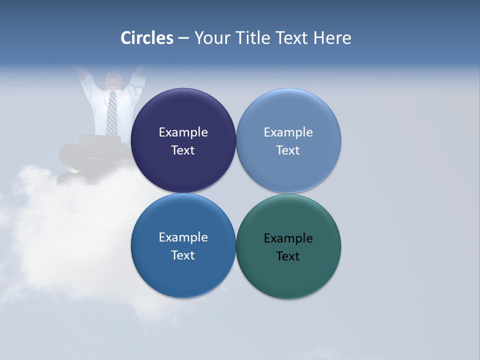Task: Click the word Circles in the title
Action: click(x=147, y=38)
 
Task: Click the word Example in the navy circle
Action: click(x=183, y=132)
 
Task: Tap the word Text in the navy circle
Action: click(x=183, y=150)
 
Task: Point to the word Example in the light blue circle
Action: click(x=288, y=132)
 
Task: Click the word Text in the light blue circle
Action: click(x=288, y=150)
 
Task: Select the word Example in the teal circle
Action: click(x=288, y=238)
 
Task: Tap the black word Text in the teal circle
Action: click(x=288, y=256)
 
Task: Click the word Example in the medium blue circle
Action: click(x=183, y=237)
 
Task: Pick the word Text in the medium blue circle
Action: click(x=183, y=255)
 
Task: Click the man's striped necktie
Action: click(x=112, y=112)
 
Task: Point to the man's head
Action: click(x=113, y=80)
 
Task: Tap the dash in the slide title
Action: click(x=183, y=38)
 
